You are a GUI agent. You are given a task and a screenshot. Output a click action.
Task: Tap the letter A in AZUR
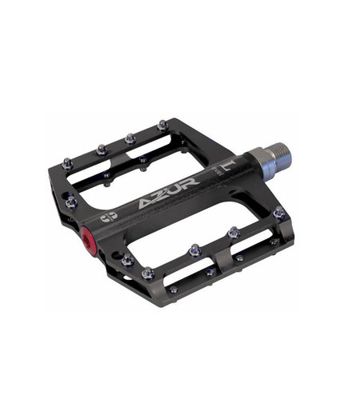click(x=142, y=207)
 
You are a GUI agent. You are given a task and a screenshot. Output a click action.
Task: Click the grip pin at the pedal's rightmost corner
click(x=278, y=213)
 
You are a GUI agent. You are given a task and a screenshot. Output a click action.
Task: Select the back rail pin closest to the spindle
click(x=163, y=125)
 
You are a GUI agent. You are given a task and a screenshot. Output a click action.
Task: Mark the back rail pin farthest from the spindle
click(x=68, y=162)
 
